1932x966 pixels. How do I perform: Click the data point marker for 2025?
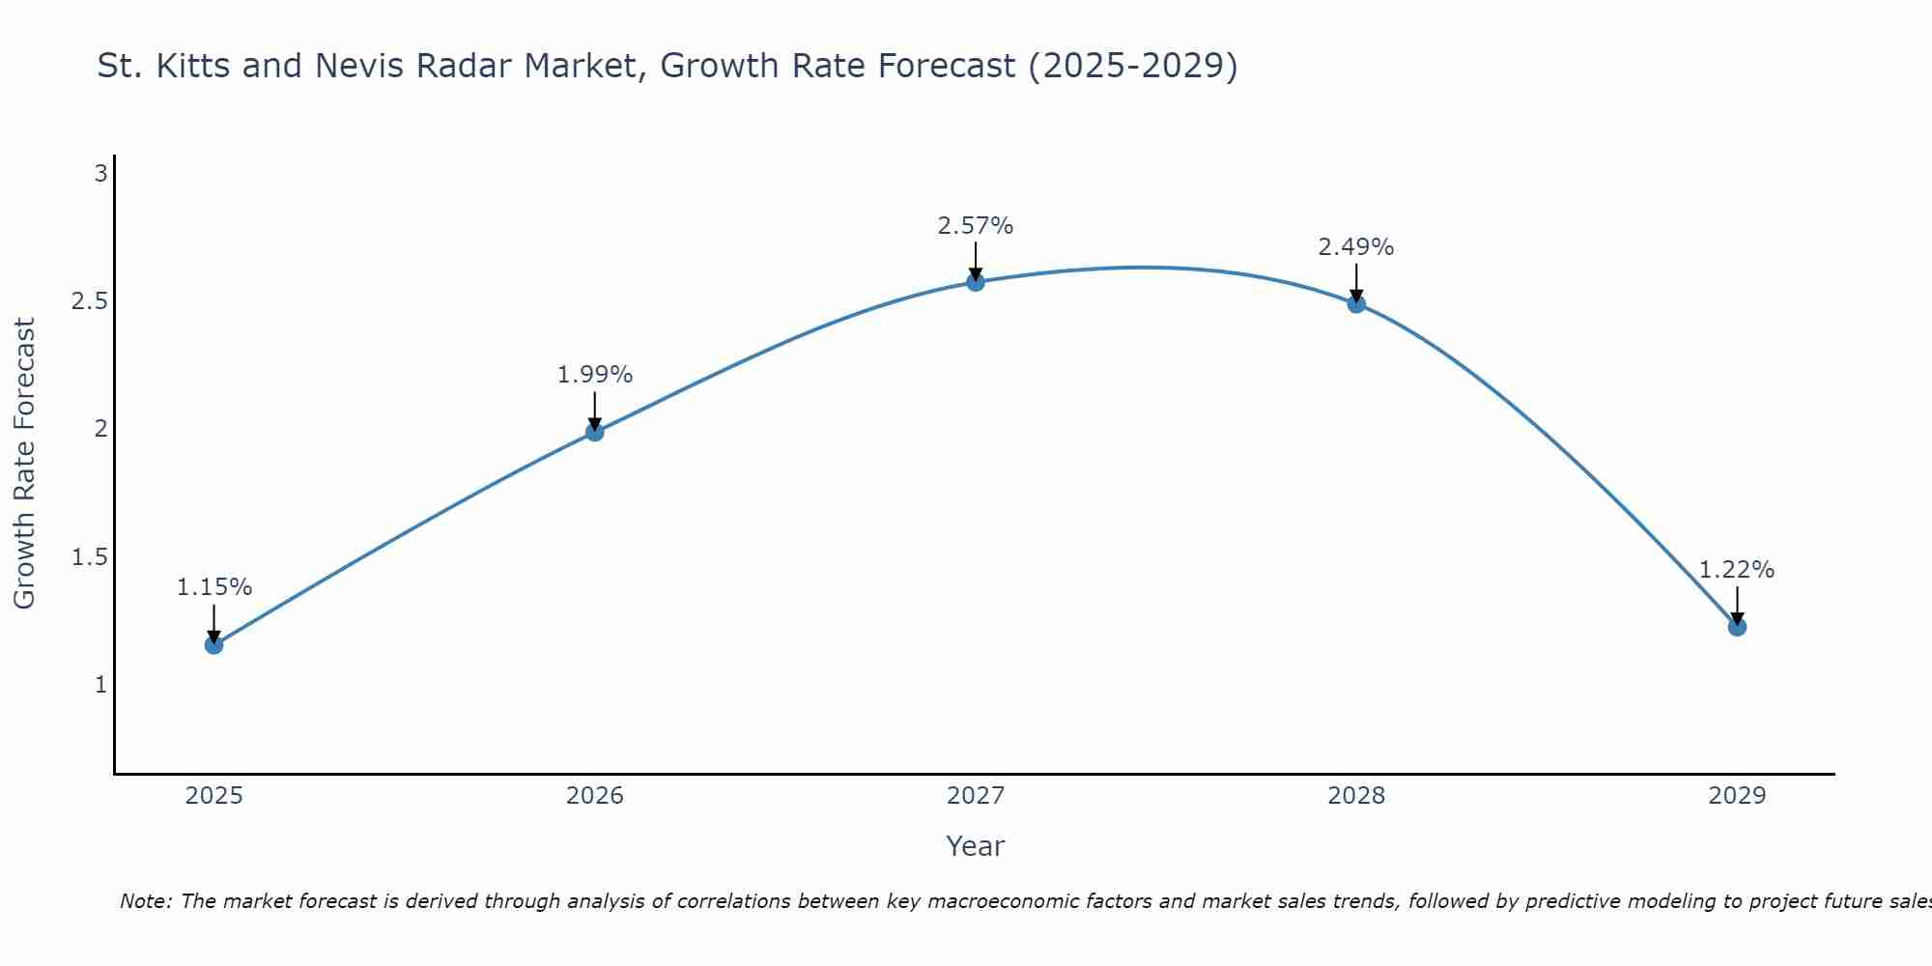pos(213,644)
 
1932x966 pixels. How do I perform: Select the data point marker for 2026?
pos(595,432)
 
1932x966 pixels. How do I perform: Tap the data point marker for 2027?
pos(976,282)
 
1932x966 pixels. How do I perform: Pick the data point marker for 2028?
pos(1356,303)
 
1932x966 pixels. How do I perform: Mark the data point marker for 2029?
pos(1737,627)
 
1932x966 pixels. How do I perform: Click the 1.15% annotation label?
pos(214,587)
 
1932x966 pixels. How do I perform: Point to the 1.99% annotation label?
pos(595,375)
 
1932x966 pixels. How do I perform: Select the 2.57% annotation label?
pos(976,226)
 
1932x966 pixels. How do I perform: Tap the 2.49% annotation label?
pos(1356,247)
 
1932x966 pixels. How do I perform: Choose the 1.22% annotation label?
pos(1737,570)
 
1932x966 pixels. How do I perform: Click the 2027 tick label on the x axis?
pos(976,796)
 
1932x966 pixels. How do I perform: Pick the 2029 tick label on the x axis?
pos(1737,796)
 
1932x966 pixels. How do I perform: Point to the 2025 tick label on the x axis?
pos(213,796)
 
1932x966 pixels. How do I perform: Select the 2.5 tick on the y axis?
pos(89,301)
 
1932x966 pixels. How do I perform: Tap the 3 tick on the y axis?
pos(100,174)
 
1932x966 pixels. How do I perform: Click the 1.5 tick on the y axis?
pos(89,557)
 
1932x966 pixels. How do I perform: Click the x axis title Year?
pos(976,846)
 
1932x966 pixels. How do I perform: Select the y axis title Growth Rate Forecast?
pos(24,464)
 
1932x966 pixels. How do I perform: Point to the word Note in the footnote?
pos(145,901)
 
